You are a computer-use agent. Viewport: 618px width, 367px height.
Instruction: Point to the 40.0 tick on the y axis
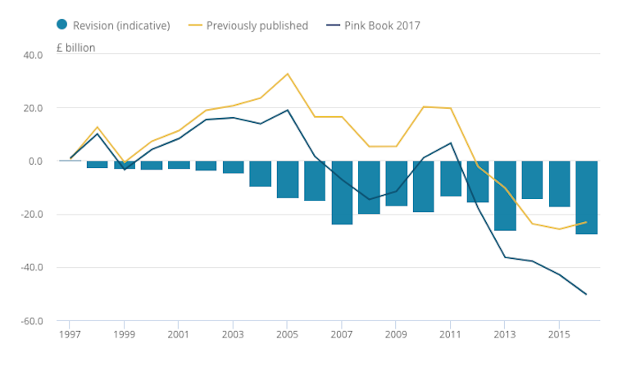tap(33, 55)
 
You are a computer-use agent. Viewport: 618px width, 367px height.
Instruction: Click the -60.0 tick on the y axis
tap(32, 320)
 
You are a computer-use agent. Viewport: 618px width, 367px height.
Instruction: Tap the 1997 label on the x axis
tap(70, 335)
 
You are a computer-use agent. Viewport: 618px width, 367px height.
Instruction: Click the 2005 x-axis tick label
tap(287, 335)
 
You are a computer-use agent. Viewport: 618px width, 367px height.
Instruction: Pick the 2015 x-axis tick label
tap(559, 335)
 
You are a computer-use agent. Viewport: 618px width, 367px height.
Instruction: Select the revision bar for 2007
tap(342, 193)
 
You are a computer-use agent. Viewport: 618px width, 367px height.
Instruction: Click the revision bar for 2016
tap(586, 197)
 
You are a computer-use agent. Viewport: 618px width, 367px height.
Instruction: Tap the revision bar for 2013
tap(505, 196)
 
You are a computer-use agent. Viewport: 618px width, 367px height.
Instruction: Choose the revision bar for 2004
tap(261, 174)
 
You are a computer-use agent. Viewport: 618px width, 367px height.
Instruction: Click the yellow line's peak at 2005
tap(288, 74)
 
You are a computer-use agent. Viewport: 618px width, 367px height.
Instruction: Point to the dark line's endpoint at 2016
tap(586, 294)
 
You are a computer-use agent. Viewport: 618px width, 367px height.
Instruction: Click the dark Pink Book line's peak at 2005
tap(288, 110)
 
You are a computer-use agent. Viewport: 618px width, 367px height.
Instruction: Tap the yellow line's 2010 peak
tap(424, 106)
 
